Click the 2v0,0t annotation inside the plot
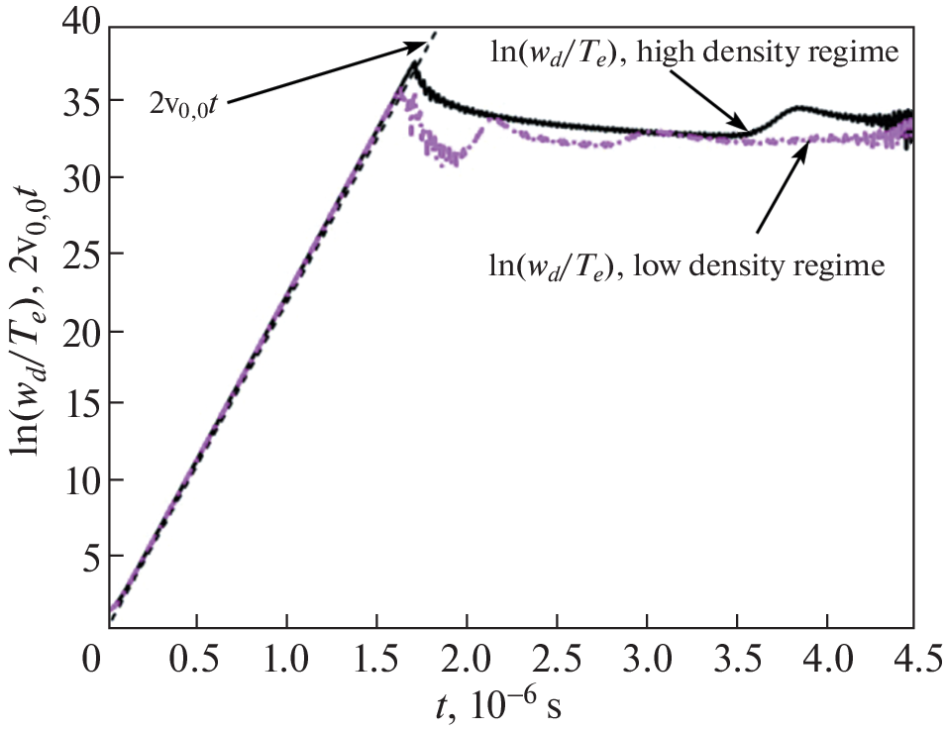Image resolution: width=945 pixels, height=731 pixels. tap(184, 102)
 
